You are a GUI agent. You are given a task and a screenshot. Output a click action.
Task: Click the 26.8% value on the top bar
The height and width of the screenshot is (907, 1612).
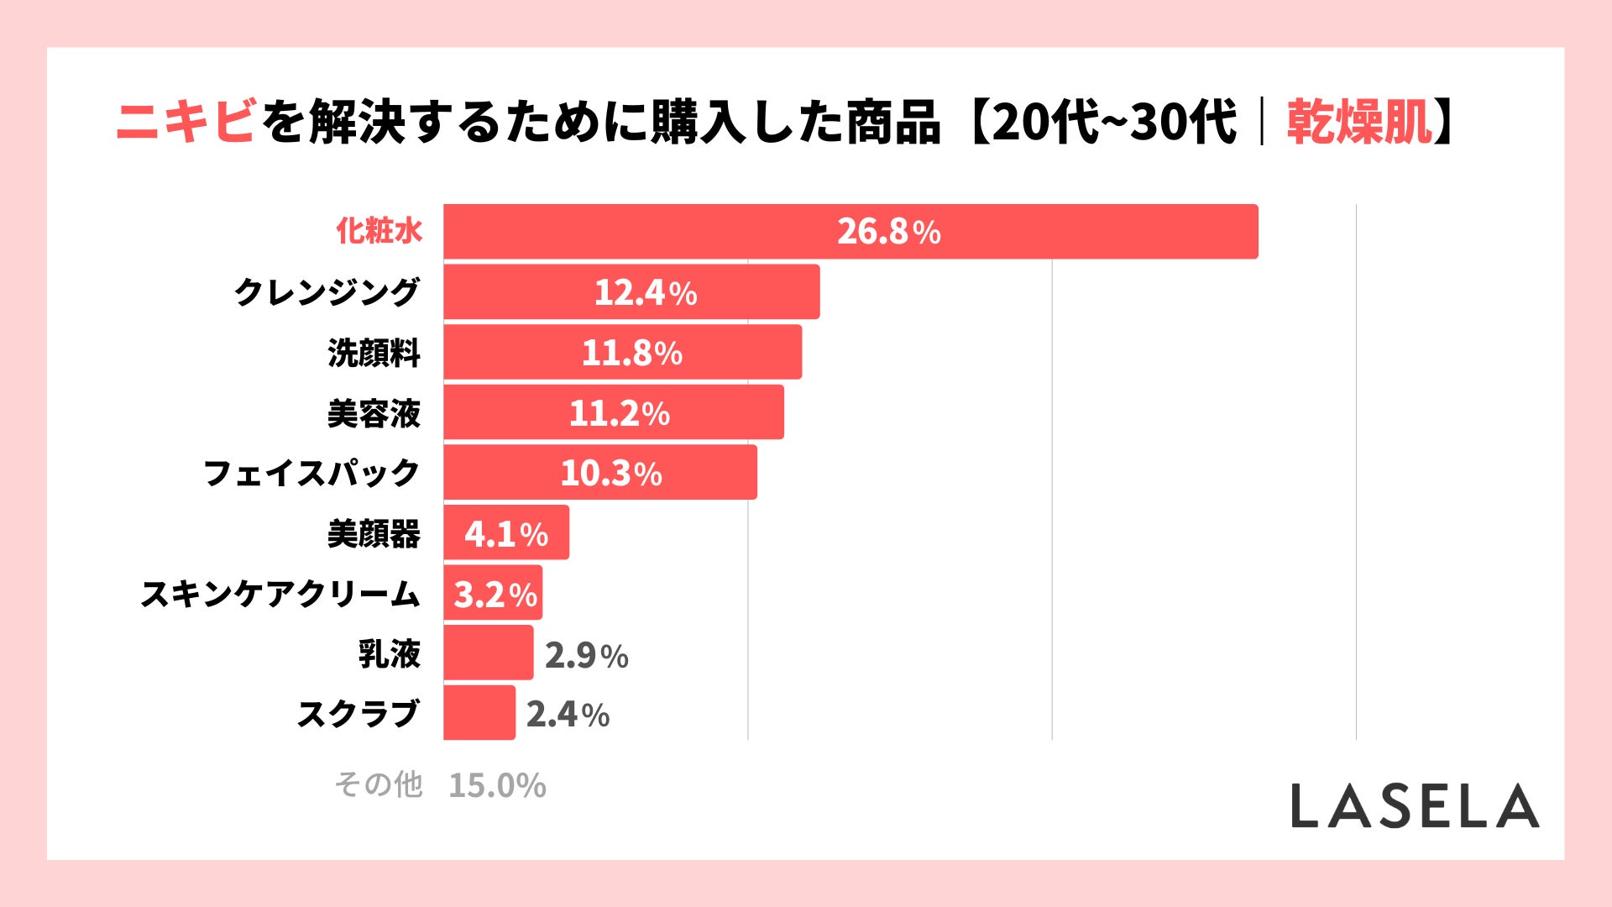click(888, 232)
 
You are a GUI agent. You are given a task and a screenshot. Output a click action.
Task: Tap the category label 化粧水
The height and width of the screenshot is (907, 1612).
click(379, 231)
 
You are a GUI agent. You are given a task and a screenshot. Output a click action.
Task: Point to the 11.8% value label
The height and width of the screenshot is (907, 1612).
click(631, 353)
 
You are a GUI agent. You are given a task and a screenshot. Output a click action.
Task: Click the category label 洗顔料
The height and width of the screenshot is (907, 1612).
click(374, 353)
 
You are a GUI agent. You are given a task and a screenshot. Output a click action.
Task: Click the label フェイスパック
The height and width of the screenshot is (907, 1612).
click(311, 473)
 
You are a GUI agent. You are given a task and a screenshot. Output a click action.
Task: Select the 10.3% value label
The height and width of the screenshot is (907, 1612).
click(610, 474)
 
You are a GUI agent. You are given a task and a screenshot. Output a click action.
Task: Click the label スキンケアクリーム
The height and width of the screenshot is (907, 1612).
click(280, 594)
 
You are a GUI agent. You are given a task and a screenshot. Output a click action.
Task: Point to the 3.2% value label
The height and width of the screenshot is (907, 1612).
click(495, 595)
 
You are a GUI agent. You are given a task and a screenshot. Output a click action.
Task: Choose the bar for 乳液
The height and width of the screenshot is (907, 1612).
click(488, 653)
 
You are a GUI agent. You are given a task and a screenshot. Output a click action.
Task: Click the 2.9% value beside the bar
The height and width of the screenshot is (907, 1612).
click(586, 655)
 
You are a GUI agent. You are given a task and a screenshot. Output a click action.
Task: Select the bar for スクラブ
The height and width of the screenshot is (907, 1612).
click(479, 713)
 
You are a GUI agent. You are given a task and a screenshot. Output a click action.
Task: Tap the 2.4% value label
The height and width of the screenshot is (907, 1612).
click(568, 715)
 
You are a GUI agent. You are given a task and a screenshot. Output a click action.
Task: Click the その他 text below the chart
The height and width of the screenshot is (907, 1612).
click(378, 784)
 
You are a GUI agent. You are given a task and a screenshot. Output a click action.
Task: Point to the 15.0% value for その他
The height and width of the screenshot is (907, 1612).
click(497, 786)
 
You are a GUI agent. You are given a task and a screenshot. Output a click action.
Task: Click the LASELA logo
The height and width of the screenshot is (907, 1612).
click(1415, 806)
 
